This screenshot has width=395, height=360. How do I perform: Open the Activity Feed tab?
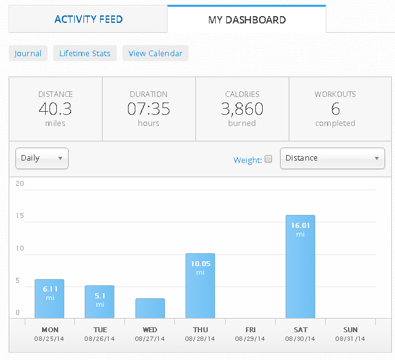(88, 20)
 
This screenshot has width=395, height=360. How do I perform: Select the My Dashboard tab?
(247, 20)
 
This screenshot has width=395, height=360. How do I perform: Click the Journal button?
(28, 53)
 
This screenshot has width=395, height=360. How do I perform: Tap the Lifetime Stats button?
(85, 53)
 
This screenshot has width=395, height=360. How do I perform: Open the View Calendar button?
(155, 53)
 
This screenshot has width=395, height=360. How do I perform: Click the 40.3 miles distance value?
(55, 109)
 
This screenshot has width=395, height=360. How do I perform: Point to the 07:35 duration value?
(148, 109)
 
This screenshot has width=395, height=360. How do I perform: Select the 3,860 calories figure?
(242, 109)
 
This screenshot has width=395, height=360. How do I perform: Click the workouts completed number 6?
(335, 109)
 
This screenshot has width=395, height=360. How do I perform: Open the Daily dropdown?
(41, 158)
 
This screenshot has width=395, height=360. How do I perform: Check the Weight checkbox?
(268, 159)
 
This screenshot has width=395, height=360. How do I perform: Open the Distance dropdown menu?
(332, 158)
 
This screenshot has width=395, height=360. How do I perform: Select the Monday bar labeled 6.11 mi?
(49, 298)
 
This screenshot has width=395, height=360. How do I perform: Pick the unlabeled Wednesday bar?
(150, 308)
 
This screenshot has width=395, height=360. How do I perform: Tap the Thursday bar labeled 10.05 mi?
(200, 285)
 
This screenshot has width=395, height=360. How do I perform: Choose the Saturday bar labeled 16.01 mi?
(300, 266)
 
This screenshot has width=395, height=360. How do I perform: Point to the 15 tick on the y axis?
(19, 216)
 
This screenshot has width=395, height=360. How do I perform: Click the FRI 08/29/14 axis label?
(250, 334)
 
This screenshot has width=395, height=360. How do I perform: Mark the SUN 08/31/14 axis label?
(350, 334)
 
